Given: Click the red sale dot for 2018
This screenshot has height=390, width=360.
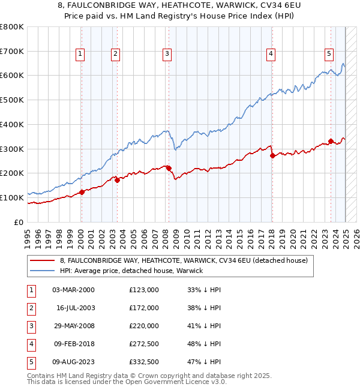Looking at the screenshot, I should [272, 155].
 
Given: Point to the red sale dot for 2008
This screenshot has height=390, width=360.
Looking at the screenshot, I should [169, 168].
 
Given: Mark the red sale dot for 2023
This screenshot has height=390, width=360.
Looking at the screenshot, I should [331, 141].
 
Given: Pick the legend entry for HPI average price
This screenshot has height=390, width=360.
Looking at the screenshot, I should [131, 271].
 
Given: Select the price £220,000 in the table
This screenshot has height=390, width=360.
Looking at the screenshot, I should [143, 326].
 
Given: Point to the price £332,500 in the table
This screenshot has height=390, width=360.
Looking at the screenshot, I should [143, 362].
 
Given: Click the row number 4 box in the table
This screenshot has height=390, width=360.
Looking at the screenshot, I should [31, 344].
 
